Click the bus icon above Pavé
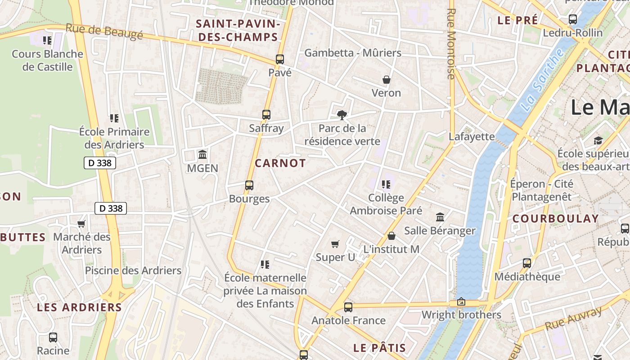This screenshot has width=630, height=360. [x=280, y=59]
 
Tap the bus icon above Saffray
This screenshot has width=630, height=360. [x=266, y=115]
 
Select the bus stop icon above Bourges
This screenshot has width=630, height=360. [x=249, y=185]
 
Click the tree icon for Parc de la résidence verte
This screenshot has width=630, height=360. [x=342, y=115]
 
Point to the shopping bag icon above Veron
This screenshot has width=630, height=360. [x=386, y=80]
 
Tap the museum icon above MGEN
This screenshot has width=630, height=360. [x=202, y=155]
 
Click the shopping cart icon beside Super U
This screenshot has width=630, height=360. [x=335, y=244]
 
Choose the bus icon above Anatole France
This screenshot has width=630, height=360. [x=348, y=307]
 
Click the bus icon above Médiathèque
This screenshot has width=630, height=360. [x=527, y=263]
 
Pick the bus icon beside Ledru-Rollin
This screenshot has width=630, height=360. [x=573, y=19]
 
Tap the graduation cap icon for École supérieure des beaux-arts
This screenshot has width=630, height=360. [x=598, y=140]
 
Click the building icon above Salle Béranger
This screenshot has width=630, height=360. [x=440, y=217]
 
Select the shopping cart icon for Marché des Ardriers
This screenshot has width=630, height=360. [x=81, y=224]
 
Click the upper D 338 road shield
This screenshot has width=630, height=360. [x=100, y=163]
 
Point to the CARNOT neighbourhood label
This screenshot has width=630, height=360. [x=280, y=163]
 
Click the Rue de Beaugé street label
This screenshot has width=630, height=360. [x=104, y=31]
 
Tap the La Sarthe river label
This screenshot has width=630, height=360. [x=543, y=80]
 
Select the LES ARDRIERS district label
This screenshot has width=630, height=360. [x=79, y=307]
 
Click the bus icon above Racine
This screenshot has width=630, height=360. [x=53, y=337]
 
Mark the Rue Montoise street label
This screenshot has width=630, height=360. [x=451, y=44]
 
